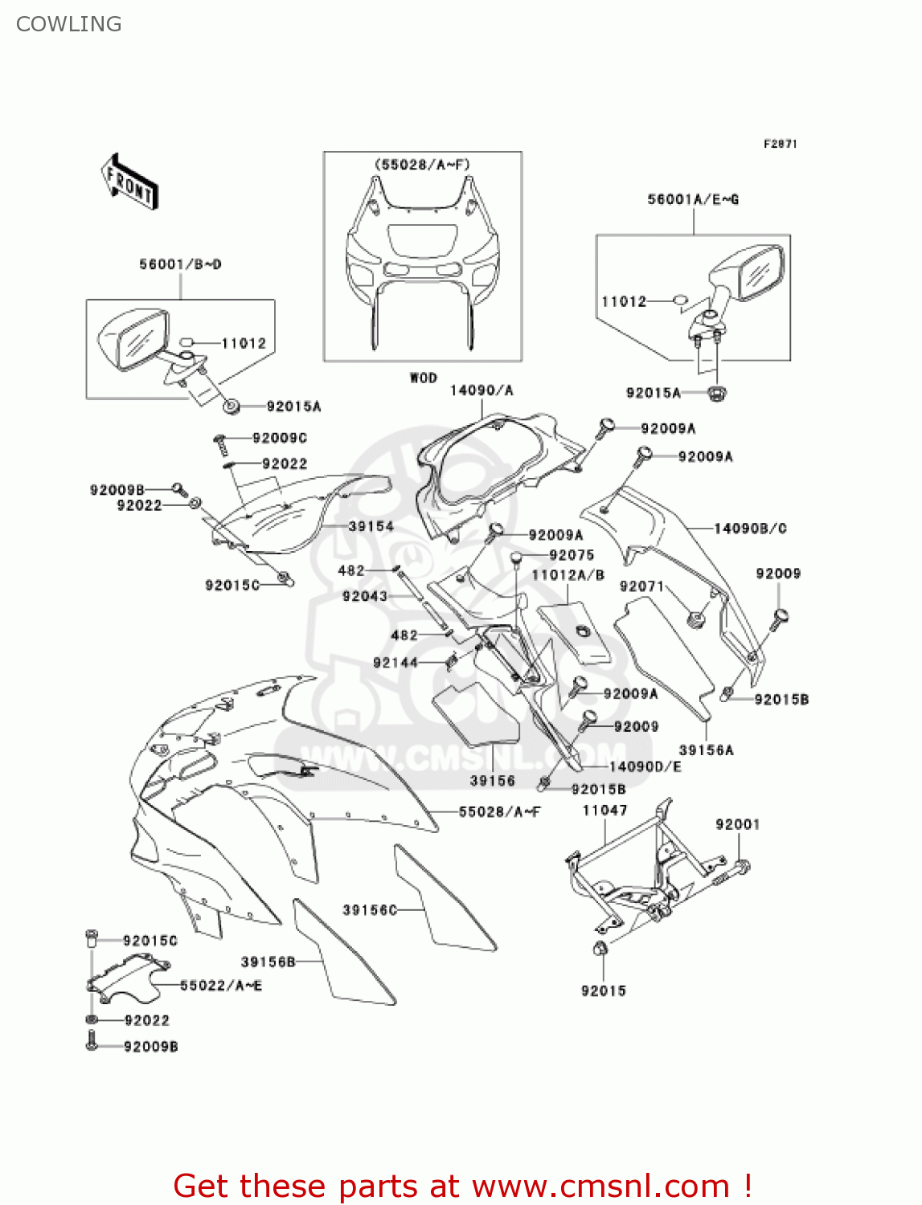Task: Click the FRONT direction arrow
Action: pyautogui.click(x=129, y=182)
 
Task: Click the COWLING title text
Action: pyautogui.click(x=69, y=24)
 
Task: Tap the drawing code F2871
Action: pyautogui.click(x=780, y=144)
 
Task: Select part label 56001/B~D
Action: pyautogui.click(x=180, y=264)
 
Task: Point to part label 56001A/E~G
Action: pyautogui.click(x=693, y=199)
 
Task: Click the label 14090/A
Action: pyautogui.click(x=481, y=390)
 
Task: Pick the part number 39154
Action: pyautogui.click(x=371, y=526)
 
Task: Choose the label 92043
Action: pyautogui.click(x=364, y=596)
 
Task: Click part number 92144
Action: pyautogui.click(x=395, y=663)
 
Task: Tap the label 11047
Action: pyautogui.click(x=604, y=811)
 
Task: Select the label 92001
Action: pyautogui.click(x=737, y=824)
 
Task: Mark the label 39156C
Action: pyautogui.click(x=370, y=909)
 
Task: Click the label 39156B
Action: pyautogui.click(x=268, y=962)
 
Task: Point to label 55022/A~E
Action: pyautogui.click(x=220, y=985)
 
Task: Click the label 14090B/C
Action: pyautogui.click(x=750, y=529)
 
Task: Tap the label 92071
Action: pyautogui.click(x=641, y=586)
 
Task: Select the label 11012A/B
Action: pyautogui.click(x=568, y=575)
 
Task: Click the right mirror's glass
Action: pyautogui.click(x=760, y=272)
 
